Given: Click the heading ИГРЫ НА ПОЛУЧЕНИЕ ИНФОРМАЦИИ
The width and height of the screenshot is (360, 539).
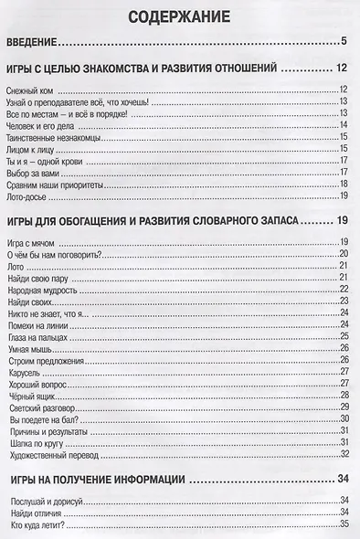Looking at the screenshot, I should (x=97, y=478).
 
